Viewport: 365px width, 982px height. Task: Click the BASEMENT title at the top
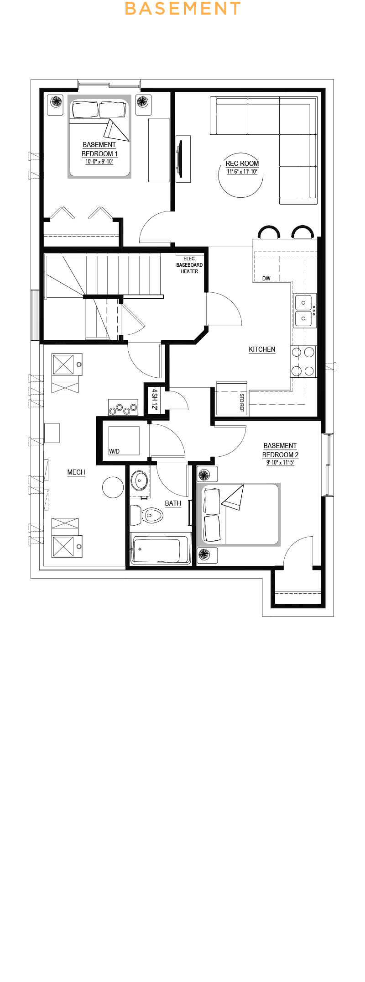tap(182, 8)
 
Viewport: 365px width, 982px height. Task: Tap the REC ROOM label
tap(242, 164)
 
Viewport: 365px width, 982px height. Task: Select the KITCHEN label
tap(262, 349)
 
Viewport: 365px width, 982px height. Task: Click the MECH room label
tap(76, 472)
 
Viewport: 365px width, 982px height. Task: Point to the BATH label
tap(173, 503)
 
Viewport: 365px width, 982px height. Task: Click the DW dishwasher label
tap(266, 279)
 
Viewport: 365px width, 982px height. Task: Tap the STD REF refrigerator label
tap(242, 402)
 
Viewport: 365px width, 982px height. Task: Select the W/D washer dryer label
tap(114, 451)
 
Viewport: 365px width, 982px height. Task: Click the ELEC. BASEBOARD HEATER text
tap(189, 265)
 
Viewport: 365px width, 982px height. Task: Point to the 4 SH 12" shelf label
tap(155, 399)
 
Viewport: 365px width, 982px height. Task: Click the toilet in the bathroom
tap(146, 516)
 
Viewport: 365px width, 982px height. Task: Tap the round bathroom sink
tap(139, 481)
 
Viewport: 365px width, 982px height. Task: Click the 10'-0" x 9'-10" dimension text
tap(99, 162)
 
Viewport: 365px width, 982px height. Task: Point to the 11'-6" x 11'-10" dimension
tap(242, 172)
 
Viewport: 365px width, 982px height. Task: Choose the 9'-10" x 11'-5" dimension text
tap(280, 462)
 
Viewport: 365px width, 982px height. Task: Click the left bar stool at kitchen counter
tap(269, 232)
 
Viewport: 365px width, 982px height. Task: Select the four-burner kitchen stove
tap(303, 361)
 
